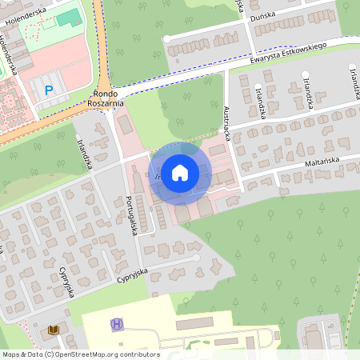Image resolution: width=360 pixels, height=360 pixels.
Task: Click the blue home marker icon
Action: coord(180,171)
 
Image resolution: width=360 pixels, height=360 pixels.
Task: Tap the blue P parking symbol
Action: coord(49,90)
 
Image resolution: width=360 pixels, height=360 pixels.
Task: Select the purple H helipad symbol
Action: coord(118,324)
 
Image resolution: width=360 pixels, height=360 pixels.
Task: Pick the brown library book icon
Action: coord(54,329)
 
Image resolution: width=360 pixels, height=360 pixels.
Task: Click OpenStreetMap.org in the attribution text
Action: coord(84,354)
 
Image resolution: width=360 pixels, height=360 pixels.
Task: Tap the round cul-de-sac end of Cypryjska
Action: coord(196,258)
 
